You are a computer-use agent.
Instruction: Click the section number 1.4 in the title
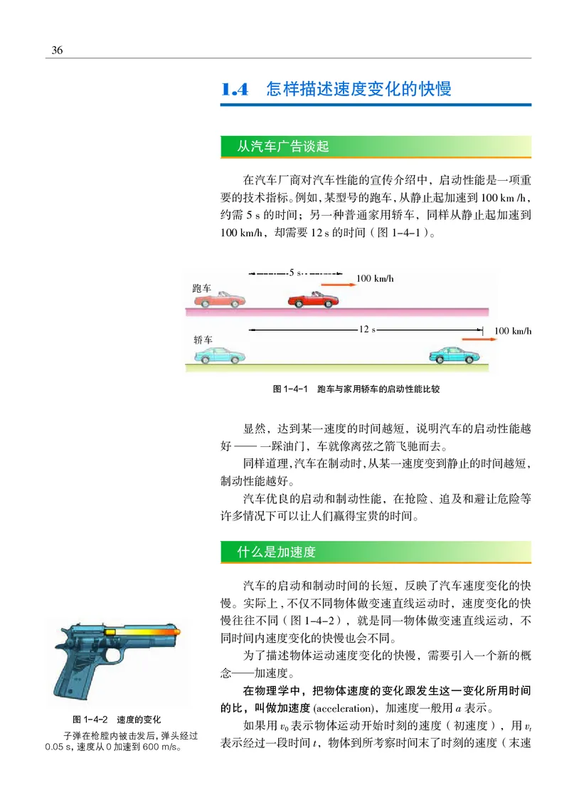(234, 90)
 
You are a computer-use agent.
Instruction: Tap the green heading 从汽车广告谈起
(283, 147)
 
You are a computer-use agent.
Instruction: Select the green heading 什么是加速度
(276, 552)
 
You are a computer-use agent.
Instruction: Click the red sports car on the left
(222, 299)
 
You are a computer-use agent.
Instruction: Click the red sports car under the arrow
(313, 298)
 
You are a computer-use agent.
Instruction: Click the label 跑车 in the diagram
(202, 288)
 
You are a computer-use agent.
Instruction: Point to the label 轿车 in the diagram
(203, 340)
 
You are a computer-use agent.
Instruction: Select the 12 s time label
(367, 330)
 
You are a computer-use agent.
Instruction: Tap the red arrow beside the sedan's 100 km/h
(473, 340)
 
